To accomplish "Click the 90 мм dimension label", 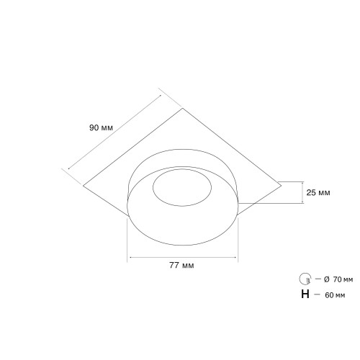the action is click(x=101, y=127).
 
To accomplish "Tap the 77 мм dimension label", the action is click(x=181, y=266).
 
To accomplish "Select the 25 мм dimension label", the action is click(x=318, y=192).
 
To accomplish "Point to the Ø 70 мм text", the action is click(x=338, y=279).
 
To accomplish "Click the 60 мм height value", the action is click(x=335, y=295).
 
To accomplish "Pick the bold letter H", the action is click(x=305, y=294).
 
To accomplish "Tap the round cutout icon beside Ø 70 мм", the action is click(x=305, y=279).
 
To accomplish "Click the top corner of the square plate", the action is click(x=183, y=108).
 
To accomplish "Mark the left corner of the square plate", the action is click(x=83, y=186).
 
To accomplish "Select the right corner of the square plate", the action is click(x=281, y=185).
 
